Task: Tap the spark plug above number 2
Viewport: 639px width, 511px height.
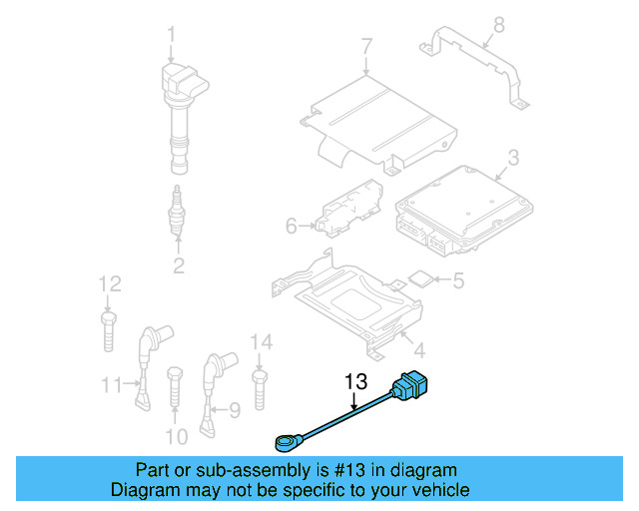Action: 178,212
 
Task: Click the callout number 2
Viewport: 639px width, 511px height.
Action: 178,264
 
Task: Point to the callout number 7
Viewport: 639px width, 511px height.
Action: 365,45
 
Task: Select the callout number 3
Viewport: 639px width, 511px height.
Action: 512,157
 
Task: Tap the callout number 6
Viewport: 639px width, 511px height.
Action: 292,227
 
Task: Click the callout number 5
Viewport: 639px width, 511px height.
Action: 458,281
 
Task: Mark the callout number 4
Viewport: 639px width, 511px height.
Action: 418,350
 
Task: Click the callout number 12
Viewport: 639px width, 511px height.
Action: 109,283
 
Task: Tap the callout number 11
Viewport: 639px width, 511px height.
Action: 111,382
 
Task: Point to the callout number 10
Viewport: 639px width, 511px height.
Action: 176,436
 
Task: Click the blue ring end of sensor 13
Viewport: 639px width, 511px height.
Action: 284,438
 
